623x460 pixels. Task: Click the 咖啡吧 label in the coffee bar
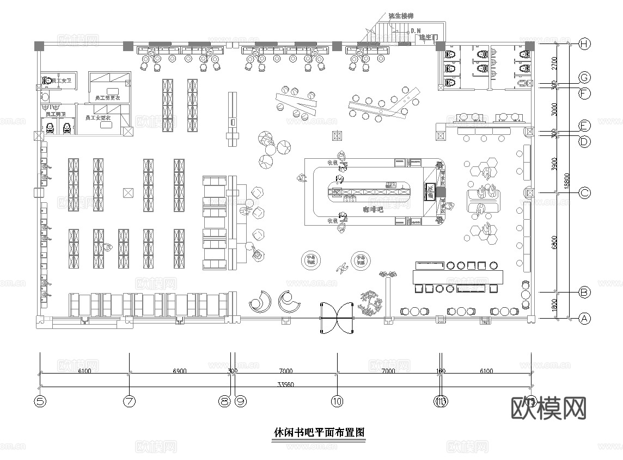click(x=373, y=209)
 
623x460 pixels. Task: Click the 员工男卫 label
click(x=56, y=115)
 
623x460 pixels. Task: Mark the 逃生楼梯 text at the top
click(x=401, y=16)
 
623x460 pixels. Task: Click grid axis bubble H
click(x=584, y=44)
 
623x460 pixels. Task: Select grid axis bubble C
click(x=584, y=192)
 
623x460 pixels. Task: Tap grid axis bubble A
click(x=584, y=319)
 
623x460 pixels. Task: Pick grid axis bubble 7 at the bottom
click(x=129, y=402)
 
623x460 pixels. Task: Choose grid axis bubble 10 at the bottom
click(x=337, y=402)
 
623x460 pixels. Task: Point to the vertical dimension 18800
click(x=567, y=179)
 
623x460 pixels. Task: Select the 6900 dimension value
click(x=179, y=371)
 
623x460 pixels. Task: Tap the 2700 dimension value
click(x=554, y=63)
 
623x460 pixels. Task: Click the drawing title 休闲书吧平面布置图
click(x=319, y=433)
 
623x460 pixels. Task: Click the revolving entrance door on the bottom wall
click(x=337, y=318)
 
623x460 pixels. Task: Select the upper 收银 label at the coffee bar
click(x=332, y=162)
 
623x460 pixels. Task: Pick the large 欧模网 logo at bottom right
click(x=549, y=408)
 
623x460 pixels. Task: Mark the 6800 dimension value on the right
click(x=554, y=242)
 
